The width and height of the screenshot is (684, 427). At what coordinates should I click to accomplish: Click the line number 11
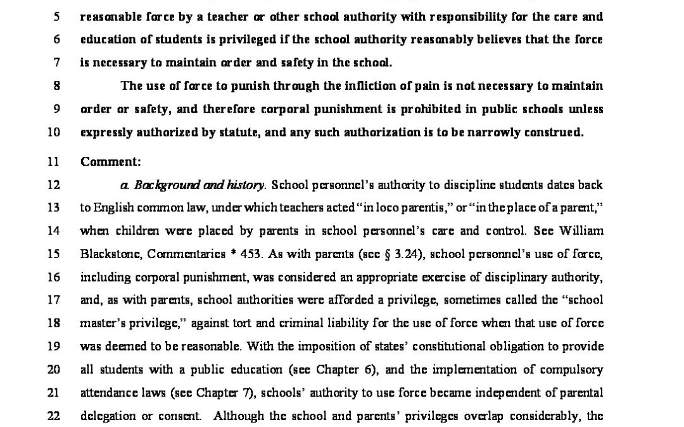(x=54, y=161)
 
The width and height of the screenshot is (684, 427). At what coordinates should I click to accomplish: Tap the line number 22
(x=54, y=416)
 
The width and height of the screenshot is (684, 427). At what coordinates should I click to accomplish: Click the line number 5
(x=56, y=16)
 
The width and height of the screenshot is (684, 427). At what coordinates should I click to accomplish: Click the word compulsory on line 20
(x=573, y=369)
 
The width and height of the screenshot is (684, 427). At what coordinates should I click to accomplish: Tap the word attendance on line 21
(x=110, y=393)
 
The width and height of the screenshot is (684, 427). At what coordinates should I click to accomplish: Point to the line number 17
(x=54, y=300)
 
